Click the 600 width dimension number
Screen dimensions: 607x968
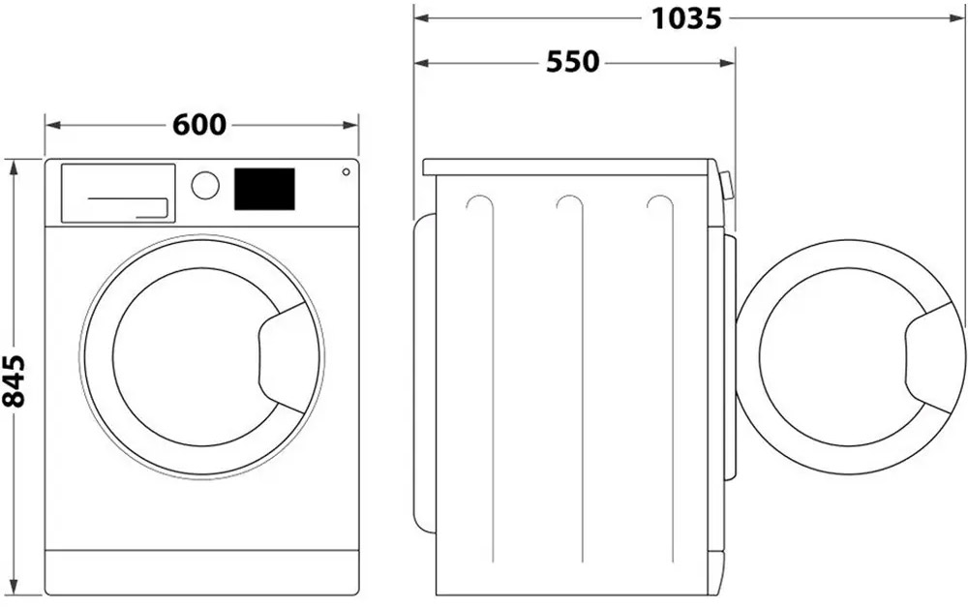[199, 125]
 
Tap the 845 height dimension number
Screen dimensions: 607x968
[14, 380]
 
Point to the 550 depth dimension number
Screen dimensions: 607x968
[572, 62]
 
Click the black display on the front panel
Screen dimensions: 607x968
[264, 189]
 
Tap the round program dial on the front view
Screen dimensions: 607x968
[205, 185]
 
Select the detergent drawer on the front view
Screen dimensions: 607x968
[118, 193]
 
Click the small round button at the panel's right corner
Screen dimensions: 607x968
[346, 172]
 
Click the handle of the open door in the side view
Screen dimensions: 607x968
[933, 357]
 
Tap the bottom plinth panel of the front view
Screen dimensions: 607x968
[201, 572]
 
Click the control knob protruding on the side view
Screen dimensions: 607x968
[726, 185]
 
